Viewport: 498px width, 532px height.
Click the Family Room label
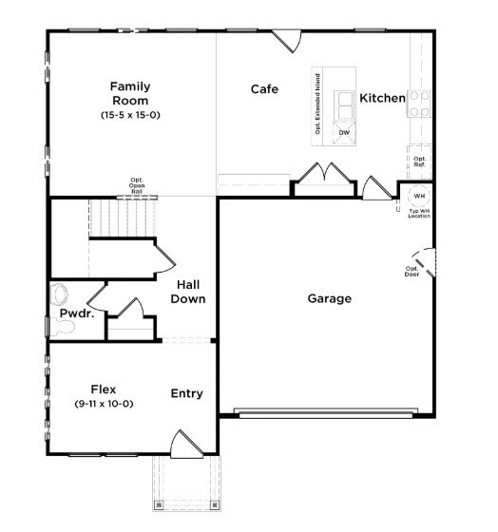[x=130, y=93]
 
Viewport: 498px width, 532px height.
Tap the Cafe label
[x=264, y=89]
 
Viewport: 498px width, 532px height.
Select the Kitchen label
[x=382, y=98]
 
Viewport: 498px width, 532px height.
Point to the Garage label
[x=329, y=298]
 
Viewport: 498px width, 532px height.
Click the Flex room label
[x=104, y=389]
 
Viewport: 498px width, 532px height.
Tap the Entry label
[x=186, y=393]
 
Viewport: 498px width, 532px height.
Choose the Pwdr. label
[x=77, y=313]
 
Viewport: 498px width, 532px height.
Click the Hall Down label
[x=187, y=291]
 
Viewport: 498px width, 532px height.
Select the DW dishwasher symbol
[x=344, y=132]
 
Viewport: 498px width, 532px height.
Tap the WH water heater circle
[x=419, y=197]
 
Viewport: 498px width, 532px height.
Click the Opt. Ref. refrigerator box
[x=419, y=161]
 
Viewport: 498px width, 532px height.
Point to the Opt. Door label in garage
[x=412, y=273]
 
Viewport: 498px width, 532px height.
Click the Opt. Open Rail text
[x=137, y=185]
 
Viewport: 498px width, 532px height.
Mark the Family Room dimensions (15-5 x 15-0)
[x=130, y=115]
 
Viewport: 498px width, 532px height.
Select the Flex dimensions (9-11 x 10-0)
[x=104, y=404]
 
